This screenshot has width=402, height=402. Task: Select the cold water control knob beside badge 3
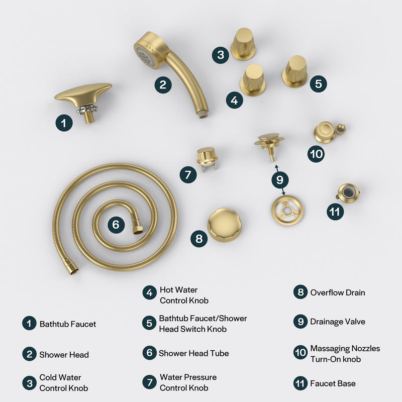click(x=243, y=44)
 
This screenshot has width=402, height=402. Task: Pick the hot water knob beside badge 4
click(x=253, y=80)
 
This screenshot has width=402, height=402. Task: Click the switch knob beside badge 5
click(x=295, y=71)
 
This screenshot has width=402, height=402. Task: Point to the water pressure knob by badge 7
click(x=207, y=157)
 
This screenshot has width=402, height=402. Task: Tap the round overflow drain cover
click(x=224, y=225)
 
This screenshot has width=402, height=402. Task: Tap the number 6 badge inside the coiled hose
click(x=116, y=224)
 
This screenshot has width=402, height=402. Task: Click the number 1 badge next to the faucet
click(x=64, y=123)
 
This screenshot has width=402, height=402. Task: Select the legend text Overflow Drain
click(x=337, y=292)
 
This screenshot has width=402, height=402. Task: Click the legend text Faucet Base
click(x=333, y=383)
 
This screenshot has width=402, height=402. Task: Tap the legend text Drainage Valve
click(x=337, y=322)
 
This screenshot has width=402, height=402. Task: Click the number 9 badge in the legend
click(x=300, y=322)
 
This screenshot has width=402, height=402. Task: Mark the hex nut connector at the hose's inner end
click(x=137, y=229)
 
